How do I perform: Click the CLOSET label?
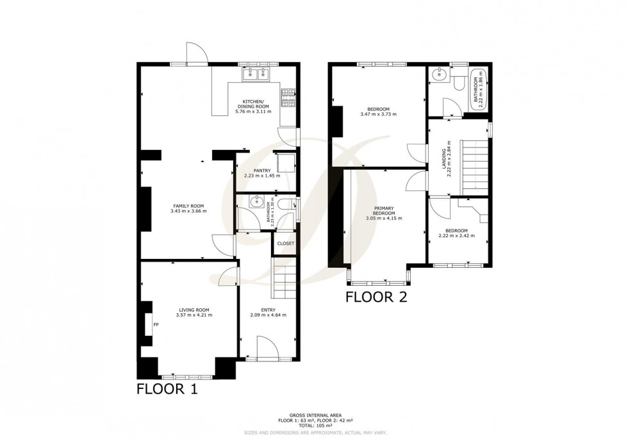tap(285, 244)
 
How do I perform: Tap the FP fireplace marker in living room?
tap(156, 325)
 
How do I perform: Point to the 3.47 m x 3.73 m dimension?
tap(378, 114)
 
